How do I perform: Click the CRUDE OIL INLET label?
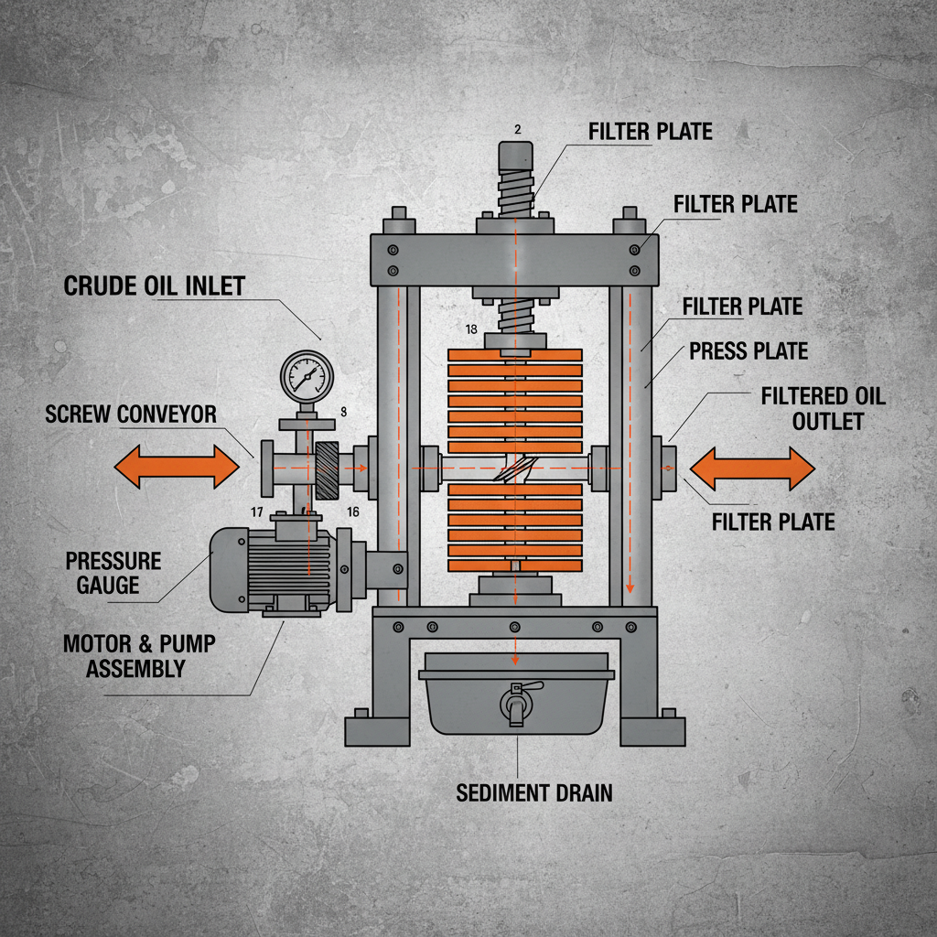coord(155,285)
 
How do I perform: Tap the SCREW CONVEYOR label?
coord(131,414)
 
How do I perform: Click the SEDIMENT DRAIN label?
coord(534,792)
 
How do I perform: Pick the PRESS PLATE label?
coord(749,350)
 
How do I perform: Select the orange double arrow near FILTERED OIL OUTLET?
coord(751,468)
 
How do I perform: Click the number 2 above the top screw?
coord(518,130)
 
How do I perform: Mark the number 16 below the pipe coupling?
coord(353,512)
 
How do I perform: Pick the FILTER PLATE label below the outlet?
coord(773,522)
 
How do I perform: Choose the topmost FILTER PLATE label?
coord(650,132)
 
